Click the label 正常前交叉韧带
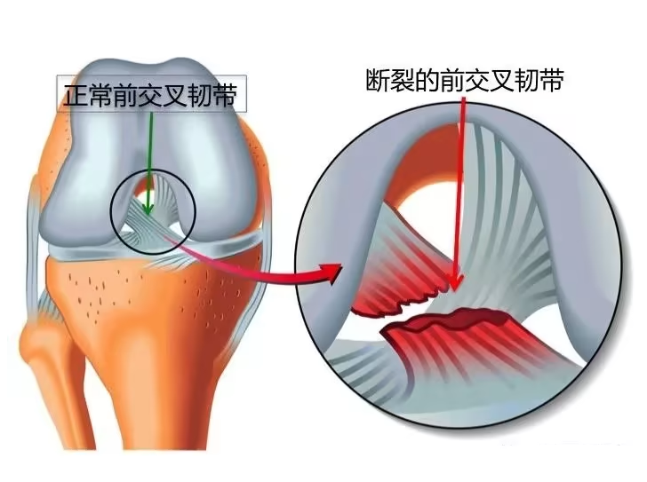tap(150, 96)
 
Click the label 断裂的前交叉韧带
tap(465, 80)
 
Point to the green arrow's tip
tap(148, 215)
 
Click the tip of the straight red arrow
tap(455, 290)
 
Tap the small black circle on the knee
tap(153, 211)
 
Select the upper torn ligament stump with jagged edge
tap(396, 276)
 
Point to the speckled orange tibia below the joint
tap(153, 313)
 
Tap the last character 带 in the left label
tap(226, 96)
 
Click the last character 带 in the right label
tap(552, 80)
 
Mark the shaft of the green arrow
tap(150, 162)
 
